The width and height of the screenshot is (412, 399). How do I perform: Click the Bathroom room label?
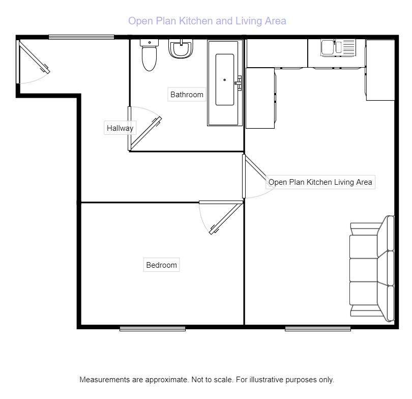coord(187,95)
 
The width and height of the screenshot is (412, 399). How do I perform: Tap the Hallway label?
coord(120,128)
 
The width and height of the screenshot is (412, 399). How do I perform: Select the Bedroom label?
coord(161,265)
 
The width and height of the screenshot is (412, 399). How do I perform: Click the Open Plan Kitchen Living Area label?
coord(320,182)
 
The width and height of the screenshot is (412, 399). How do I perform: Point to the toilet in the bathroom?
coord(149,55)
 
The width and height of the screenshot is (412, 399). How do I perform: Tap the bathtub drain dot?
coord(224,80)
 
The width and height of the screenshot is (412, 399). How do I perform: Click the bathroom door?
coord(145,133)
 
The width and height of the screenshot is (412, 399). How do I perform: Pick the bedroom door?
coord(226,218)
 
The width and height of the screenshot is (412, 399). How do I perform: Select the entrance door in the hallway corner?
coord(34,56)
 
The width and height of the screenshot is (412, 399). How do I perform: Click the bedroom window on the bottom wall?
coord(153,329)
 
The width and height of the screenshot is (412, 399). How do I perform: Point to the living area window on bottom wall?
coord(318,329)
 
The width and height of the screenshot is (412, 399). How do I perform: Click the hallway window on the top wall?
coord(81,37)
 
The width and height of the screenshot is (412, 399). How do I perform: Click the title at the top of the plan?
coord(207,21)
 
